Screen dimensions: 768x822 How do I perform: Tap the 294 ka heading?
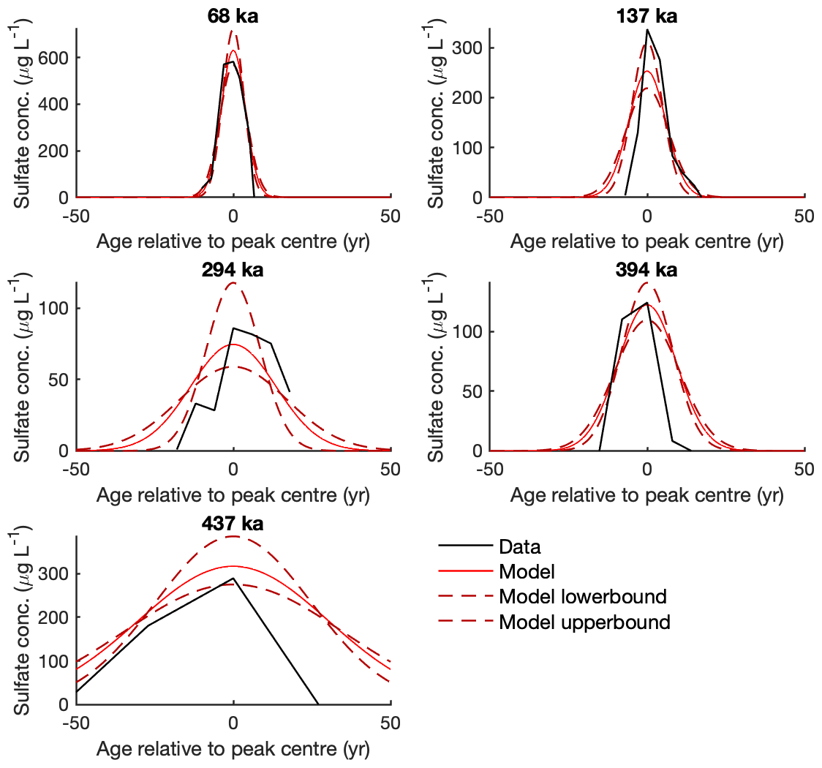point(233,270)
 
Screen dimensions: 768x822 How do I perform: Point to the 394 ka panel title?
point(646,270)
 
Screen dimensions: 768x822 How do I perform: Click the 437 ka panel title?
point(233,524)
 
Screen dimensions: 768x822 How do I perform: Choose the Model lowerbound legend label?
point(582,597)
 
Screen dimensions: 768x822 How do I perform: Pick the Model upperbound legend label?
point(584,622)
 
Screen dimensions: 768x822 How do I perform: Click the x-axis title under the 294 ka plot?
point(233,495)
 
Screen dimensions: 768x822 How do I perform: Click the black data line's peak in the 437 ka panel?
point(233,579)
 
